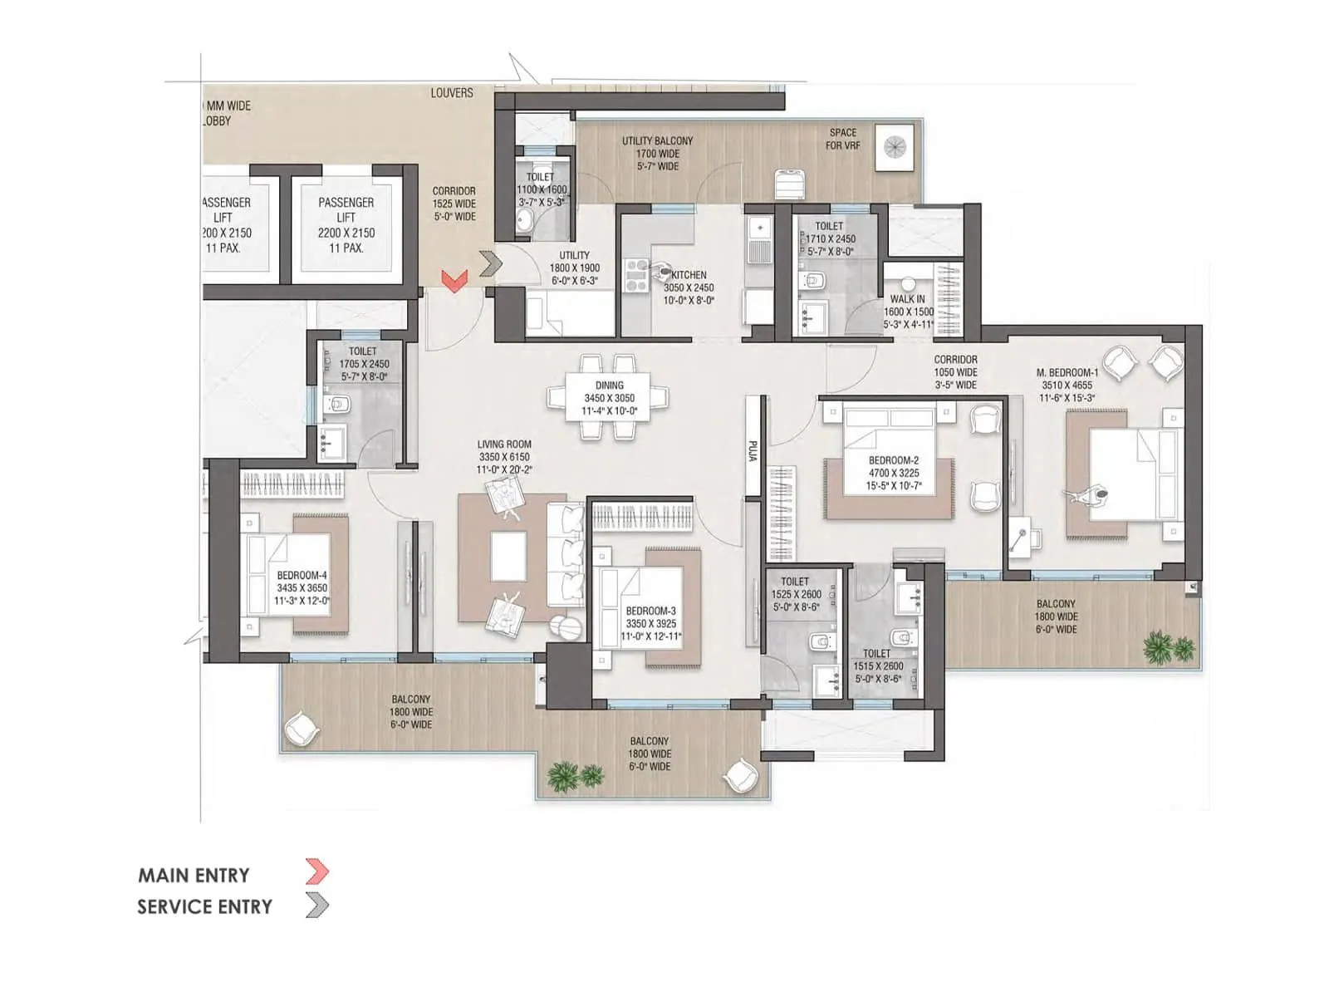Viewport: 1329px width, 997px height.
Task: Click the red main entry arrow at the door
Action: coord(454,281)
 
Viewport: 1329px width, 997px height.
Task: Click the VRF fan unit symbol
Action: coord(895,147)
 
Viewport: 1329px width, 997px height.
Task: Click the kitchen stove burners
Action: coord(636,276)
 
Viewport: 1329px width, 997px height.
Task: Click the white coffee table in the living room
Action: coord(508,556)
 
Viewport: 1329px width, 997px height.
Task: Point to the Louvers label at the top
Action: coord(452,93)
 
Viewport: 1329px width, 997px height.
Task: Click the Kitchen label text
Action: coord(689,275)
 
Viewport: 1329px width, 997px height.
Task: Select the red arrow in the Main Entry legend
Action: coord(317,872)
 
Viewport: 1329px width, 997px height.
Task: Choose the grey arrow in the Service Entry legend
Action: coord(317,905)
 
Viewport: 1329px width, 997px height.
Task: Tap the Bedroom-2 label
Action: coord(894,459)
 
